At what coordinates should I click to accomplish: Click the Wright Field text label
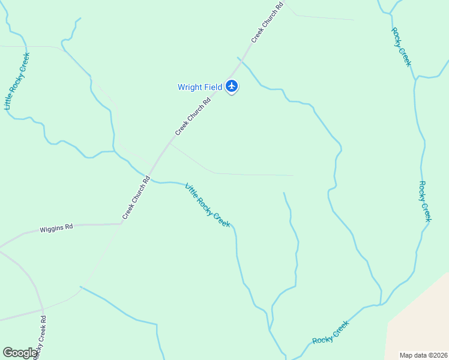point(200,87)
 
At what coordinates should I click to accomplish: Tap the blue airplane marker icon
point(232,86)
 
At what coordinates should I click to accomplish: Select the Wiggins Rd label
point(56,228)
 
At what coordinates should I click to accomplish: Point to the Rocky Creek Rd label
point(40,336)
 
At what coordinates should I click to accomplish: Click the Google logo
point(20,353)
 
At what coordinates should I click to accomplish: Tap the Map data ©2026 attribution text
point(423,355)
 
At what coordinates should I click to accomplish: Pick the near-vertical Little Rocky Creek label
point(17,81)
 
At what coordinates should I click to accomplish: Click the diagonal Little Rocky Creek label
point(208,205)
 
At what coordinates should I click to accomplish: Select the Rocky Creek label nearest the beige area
point(330,332)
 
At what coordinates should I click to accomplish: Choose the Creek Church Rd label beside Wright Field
point(193,116)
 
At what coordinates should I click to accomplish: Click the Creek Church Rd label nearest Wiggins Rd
point(136,197)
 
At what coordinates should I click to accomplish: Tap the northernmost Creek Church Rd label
point(267,23)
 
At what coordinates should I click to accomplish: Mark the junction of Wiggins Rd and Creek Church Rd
point(122,224)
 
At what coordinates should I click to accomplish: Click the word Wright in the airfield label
point(190,87)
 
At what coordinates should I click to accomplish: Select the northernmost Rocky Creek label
point(401,47)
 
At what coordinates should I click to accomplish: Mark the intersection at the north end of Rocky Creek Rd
point(43,310)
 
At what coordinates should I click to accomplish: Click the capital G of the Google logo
point(8,353)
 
